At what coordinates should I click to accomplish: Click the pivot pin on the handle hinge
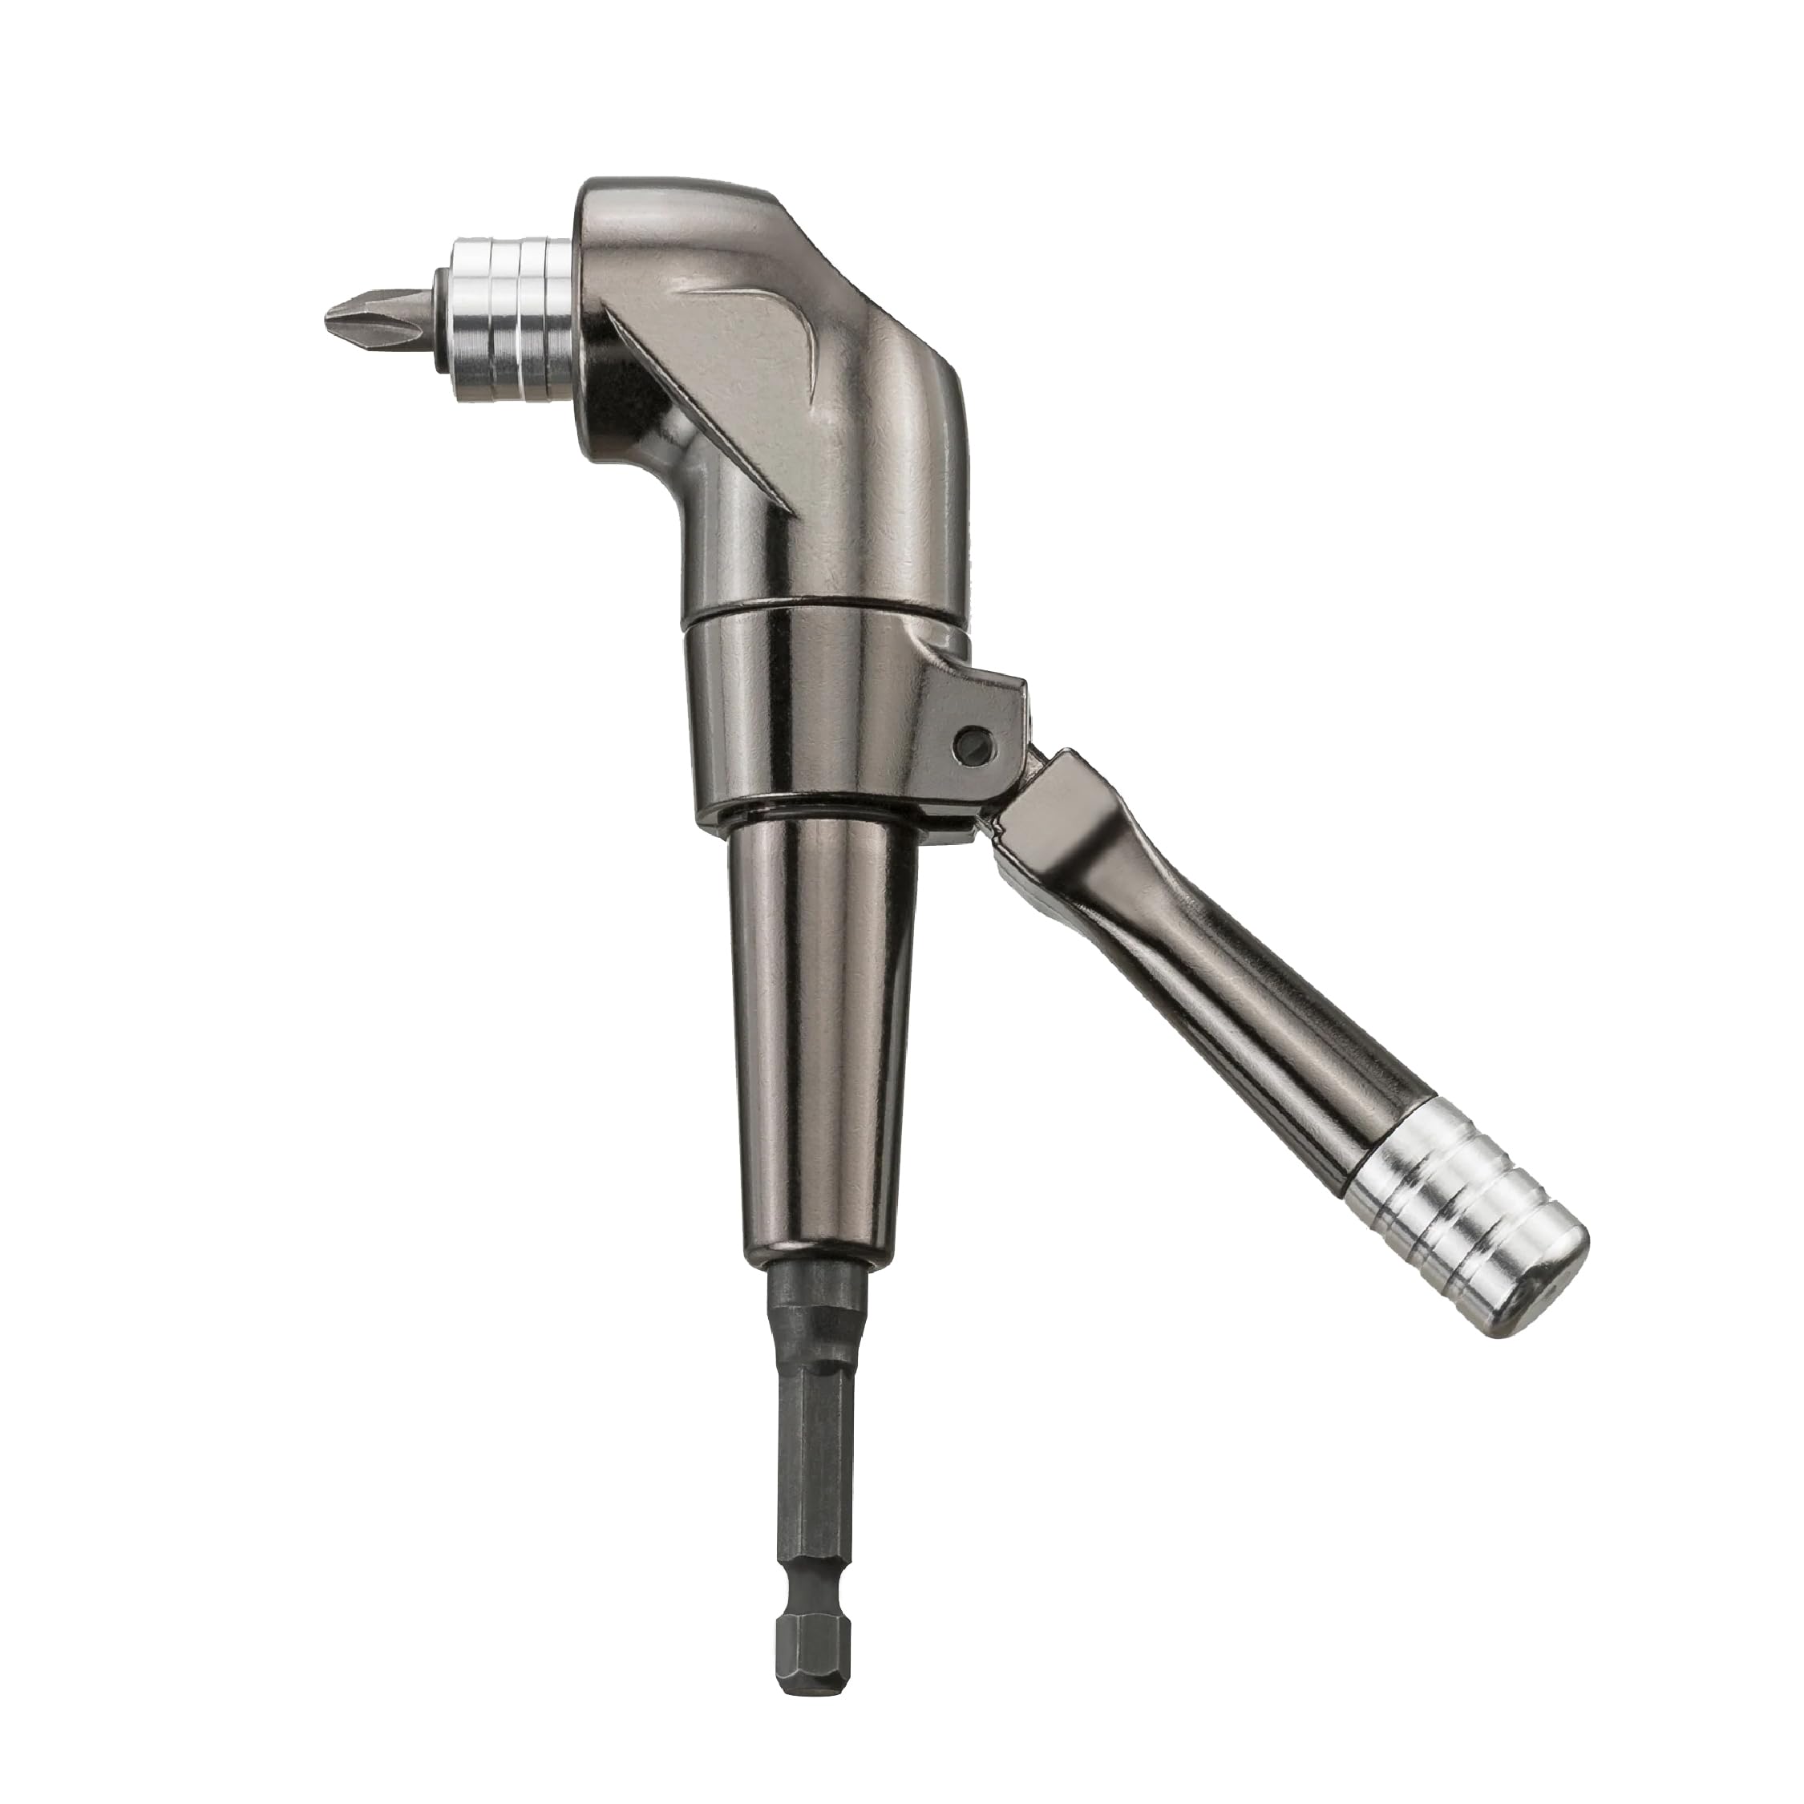[972, 743]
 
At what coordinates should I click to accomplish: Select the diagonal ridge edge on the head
[710, 411]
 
